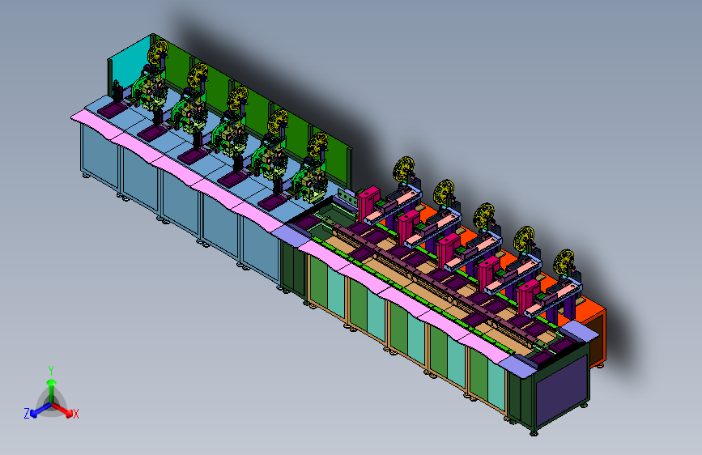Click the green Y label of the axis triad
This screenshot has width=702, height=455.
(x=51, y=371)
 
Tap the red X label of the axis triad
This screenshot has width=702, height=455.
(x=76, y=414)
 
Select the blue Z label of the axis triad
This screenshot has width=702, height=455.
(x=27, y=414)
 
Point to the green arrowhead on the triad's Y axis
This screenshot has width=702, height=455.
(x=52, y=382)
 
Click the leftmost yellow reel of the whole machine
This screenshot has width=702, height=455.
(x=158, y=53)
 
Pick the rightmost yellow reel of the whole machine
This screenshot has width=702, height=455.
(x=564, y=262)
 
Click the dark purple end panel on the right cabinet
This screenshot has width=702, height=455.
(x=562, y=390)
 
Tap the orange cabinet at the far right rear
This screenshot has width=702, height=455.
(x=590, y=331)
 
